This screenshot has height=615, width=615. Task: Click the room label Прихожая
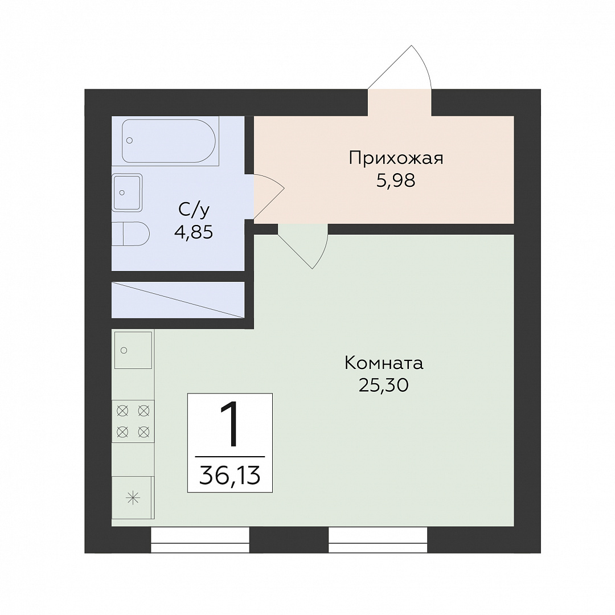tap(396, 159)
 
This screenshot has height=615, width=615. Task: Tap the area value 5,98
tap(396, 181)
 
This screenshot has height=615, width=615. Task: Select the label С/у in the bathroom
tap(194, 210)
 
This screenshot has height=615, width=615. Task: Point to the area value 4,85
tap(194, 232)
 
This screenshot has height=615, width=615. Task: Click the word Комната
tap(384, 363)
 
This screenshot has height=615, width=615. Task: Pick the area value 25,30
tap(384, 386)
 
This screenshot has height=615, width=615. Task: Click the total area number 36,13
tap(230, 475)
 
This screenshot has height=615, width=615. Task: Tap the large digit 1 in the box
tap(230, 425)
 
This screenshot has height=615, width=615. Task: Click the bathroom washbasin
tap(126, 192)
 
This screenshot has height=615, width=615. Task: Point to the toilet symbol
tap(130, 234)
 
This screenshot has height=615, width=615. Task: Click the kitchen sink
tap(133, 350)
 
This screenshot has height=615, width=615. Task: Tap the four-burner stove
tap(133, 421)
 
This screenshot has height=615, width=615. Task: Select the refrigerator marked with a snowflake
tap(133, 498)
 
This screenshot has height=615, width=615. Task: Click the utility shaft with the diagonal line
tap(178, 300)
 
